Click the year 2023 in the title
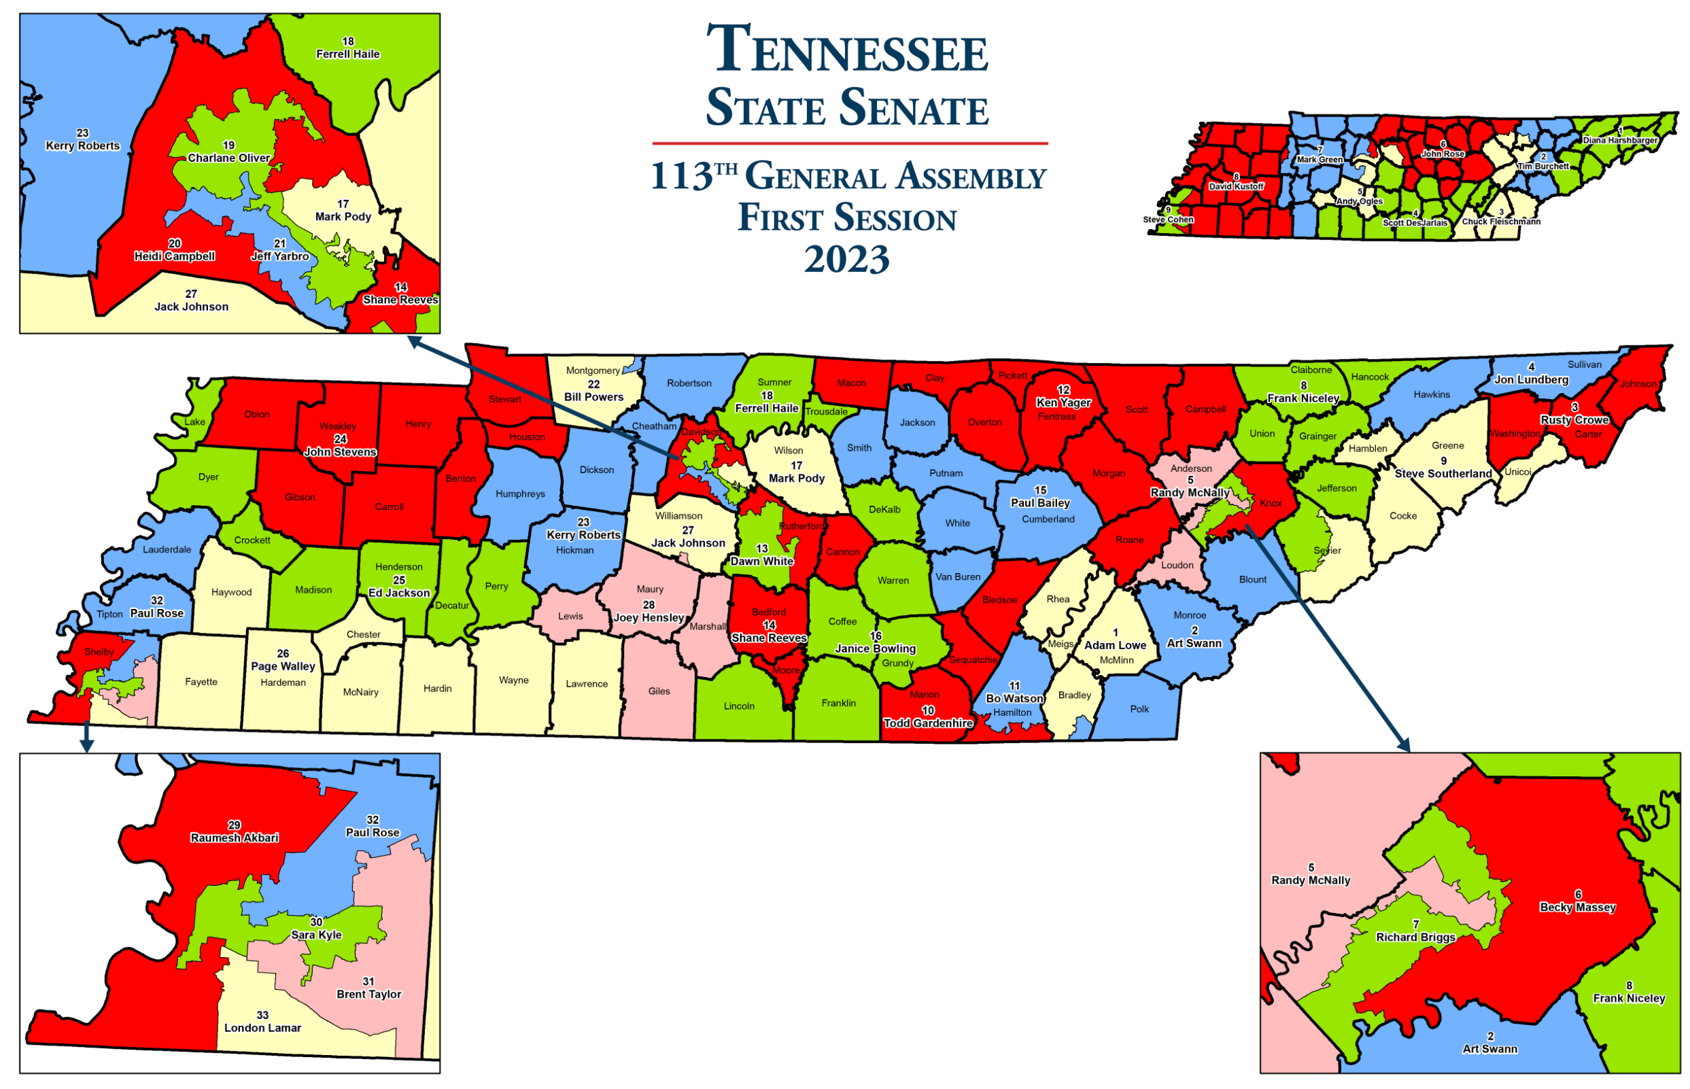(846, 260)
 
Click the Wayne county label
(513, 680)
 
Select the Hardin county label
(437, 689)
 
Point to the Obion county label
(257, 415)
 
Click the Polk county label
(1139, 709)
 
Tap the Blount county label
(1252, 580)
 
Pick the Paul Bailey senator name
(1039, 504)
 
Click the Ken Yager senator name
(1063, 402)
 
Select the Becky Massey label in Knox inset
(1578, 907)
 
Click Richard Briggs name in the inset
(1415, 937)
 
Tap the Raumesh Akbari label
(234, 838)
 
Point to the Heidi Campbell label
(175, 257)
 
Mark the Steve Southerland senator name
(1443, 474)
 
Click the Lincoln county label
(739, 706)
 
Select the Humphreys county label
(520, 494)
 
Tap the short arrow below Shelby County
(86, 737)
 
